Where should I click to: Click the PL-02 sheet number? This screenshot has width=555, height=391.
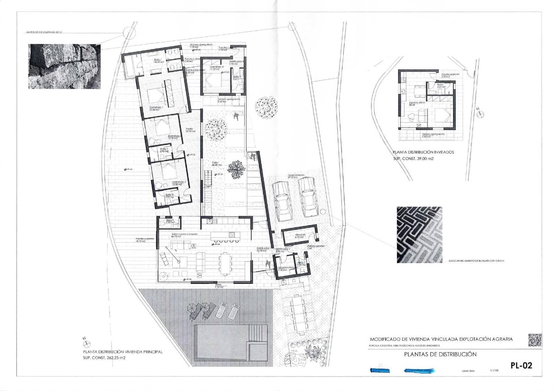(521, 365)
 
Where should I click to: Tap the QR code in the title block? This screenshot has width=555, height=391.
(535, 340)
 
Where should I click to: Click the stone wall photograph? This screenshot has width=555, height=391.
(64, 66)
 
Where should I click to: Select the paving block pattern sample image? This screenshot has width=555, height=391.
(419, 235)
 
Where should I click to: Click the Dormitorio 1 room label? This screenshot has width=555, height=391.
(156, 108)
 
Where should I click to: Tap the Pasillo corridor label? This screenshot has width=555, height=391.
(189, 129)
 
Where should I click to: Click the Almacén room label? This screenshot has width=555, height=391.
(300, 235)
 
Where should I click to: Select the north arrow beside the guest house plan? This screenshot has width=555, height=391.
(480, 113)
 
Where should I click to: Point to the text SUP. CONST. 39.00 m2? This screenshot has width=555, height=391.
(413, 159)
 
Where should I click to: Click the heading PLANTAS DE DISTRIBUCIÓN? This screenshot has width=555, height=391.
(440, 355)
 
